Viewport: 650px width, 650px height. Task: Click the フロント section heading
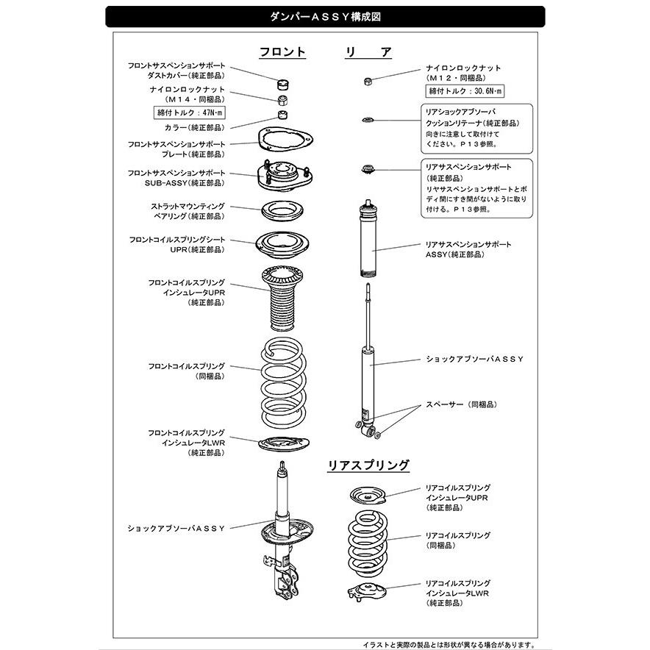282,52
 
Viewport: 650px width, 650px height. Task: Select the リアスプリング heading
368,465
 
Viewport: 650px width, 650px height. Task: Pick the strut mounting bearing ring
283,210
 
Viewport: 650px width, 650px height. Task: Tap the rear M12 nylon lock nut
368,80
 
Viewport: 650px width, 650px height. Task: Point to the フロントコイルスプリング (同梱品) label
187,371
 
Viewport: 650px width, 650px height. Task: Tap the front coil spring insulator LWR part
282,443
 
